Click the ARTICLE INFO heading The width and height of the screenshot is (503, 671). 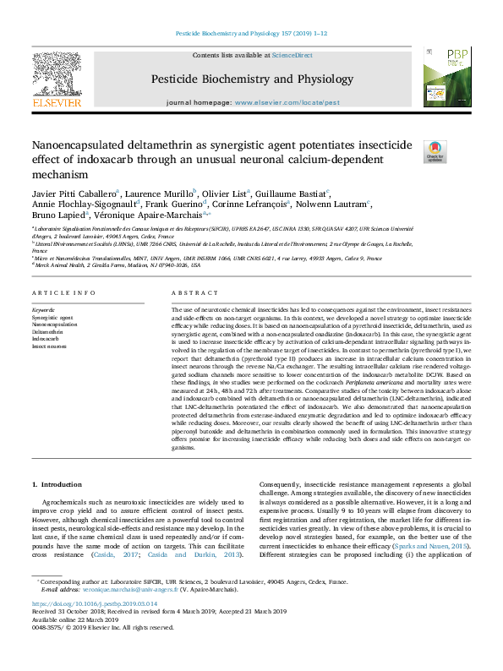click(x=63, y=292)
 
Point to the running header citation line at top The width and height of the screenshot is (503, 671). click(x=250, y=34)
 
